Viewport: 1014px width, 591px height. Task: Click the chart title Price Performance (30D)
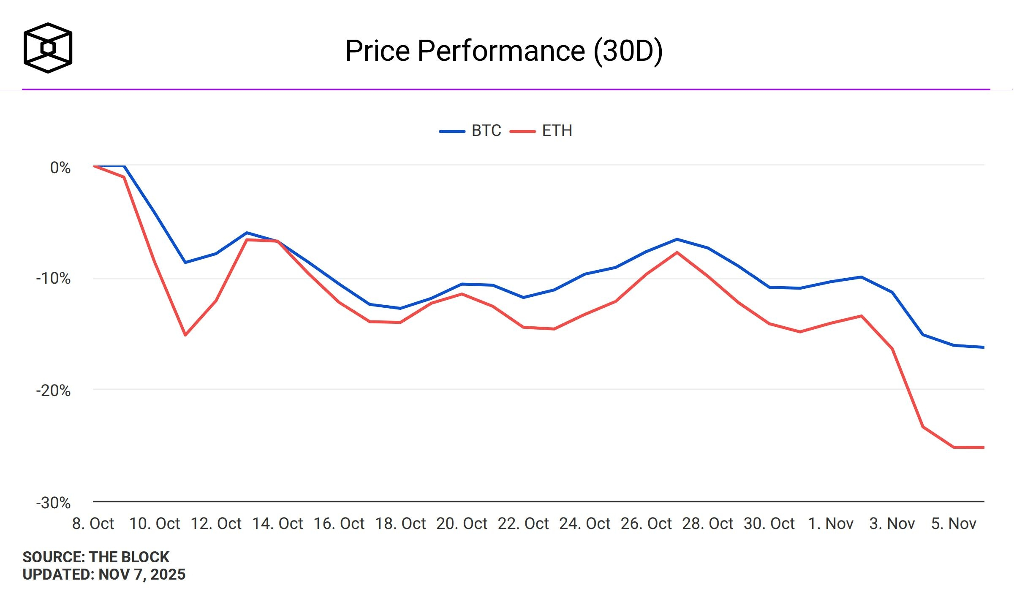504,51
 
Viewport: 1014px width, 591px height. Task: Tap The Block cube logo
48,48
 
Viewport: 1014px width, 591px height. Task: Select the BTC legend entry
470,131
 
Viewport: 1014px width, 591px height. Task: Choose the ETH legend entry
541,131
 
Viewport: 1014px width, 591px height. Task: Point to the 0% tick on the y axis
60,168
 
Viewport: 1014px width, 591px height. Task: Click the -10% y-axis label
53,279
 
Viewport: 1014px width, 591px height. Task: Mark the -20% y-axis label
53,391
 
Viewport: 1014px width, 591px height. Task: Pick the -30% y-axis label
53,503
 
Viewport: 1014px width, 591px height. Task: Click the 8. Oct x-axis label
93,524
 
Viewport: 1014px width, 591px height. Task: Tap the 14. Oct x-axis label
277,524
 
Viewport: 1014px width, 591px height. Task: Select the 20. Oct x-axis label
462,524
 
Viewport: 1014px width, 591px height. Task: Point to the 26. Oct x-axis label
646,524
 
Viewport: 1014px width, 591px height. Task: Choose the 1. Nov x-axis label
830,524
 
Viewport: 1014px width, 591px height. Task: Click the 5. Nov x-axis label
954,524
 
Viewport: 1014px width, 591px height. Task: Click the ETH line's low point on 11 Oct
185,335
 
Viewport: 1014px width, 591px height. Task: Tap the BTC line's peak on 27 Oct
677,239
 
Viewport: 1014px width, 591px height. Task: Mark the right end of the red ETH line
984,447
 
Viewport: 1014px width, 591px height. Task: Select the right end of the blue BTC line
984,347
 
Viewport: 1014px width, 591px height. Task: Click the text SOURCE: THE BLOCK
96,557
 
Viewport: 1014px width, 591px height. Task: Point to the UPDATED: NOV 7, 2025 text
104,575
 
